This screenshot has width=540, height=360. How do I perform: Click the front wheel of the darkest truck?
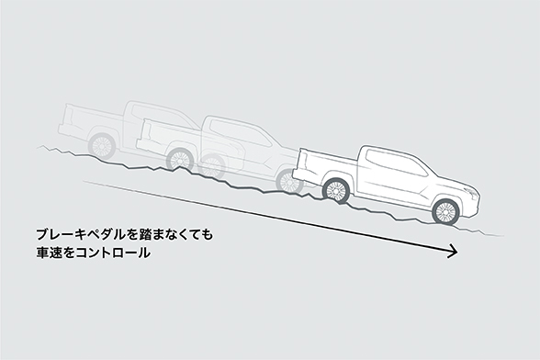click(x=446, y=211)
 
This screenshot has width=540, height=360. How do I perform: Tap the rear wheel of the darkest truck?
click(x=337, y=190)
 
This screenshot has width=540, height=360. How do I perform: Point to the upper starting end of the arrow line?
click(x=84, y=180)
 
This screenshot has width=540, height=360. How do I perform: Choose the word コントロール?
click(x=114, y=253)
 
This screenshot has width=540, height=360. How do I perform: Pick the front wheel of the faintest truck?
click(x=179, y=158)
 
